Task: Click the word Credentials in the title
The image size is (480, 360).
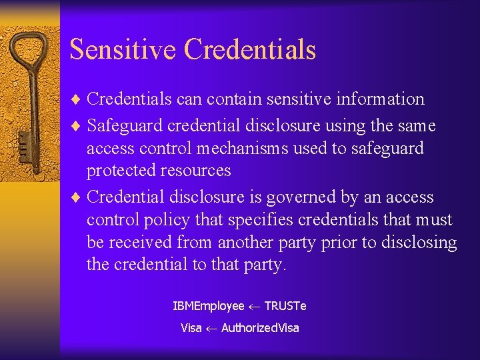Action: pyautogui.click(x=249, y=49)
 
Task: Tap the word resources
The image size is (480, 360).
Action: pyautogui.click(x=196, y=171)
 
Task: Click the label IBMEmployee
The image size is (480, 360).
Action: pyautogui.click(x=208, y=306)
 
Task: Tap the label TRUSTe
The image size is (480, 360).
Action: pyautogui.click(x=285, y=306)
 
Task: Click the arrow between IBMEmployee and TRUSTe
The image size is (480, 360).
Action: pyautogui.click(x=254, y=307)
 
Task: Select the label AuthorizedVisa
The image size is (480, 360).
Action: pyautogui.click(x=260, y=328)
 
